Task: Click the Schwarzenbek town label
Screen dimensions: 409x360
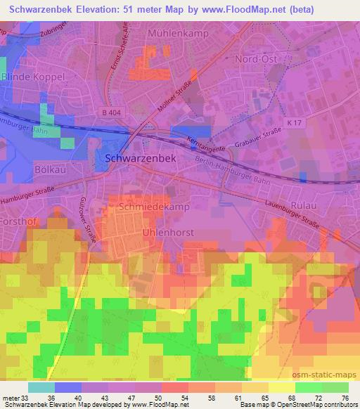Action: (139, 159)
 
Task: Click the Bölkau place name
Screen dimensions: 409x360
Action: (50, 169)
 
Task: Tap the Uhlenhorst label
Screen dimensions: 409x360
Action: (167, 231)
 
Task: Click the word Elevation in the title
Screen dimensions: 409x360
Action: (104, 9)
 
